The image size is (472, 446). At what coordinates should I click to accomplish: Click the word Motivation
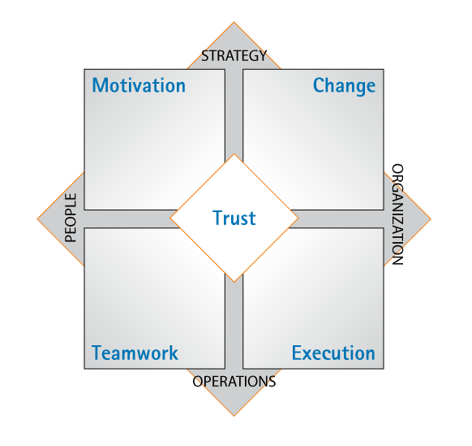139,85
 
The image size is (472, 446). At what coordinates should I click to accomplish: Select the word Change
345,86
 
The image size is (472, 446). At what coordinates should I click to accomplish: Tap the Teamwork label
135,353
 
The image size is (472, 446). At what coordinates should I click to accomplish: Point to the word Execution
333,353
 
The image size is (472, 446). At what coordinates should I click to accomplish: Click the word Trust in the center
234,218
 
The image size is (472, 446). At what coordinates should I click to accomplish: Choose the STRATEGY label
234,56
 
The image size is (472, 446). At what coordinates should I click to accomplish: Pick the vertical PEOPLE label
71,218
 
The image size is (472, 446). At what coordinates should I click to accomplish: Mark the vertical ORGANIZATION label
397,214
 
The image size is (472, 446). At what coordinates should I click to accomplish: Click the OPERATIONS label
234,382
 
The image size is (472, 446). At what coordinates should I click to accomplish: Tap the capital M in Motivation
100,85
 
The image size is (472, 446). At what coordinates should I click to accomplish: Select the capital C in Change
319,85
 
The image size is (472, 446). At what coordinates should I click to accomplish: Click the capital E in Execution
297,353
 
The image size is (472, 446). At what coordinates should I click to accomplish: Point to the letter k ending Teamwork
174,353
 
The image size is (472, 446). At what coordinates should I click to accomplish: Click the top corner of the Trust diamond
234,154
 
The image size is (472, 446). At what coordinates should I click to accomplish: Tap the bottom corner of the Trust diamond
234,282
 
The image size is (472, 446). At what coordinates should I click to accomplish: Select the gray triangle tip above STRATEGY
234,22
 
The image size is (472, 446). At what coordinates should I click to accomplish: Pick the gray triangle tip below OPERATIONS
234,416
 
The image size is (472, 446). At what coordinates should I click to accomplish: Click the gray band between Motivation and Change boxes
234,111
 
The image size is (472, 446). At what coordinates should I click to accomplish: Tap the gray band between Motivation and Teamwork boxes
131,219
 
